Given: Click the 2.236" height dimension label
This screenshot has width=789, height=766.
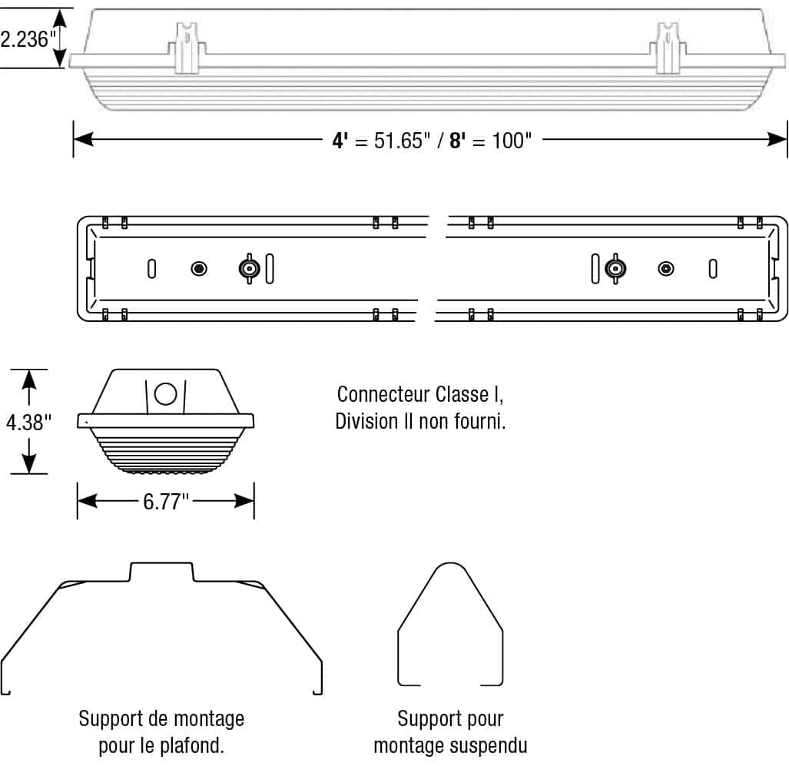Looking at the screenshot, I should click(x=25, y=39).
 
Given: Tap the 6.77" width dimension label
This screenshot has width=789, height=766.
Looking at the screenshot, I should click(x=165, y=502).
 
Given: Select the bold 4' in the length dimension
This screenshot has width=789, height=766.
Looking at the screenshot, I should click(x=340, y=141).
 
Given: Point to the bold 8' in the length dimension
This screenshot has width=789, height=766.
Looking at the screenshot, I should click(x=458, y=141).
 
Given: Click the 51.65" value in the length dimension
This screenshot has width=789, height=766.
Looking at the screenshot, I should click(x=401, y=141).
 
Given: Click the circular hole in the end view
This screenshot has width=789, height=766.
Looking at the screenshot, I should click(x=165, y=393).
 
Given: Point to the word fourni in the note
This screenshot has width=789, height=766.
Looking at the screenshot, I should click(x=479, y=422).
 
